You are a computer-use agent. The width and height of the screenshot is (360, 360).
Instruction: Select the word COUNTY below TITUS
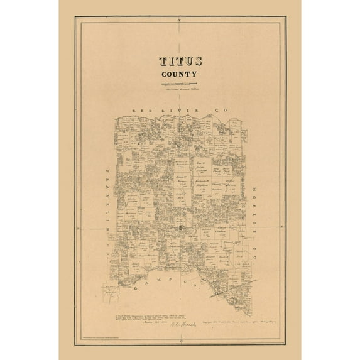point(180,74)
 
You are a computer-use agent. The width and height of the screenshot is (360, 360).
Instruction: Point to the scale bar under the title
point(179,85)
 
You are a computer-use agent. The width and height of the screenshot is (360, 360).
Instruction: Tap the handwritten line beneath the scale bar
point(179,90)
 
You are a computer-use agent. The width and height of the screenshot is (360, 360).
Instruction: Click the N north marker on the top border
point(180,23)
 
